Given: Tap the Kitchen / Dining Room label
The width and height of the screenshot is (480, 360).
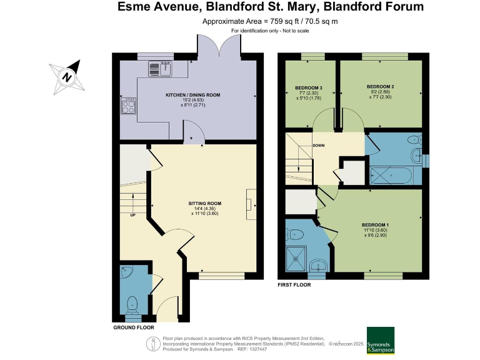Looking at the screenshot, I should (x=192, y=95).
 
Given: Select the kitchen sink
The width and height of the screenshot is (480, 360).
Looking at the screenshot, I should (x=161, y=68).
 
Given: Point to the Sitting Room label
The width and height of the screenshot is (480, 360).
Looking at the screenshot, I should (x=204, y=204).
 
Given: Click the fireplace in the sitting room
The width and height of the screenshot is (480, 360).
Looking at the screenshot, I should (x=251, y=203).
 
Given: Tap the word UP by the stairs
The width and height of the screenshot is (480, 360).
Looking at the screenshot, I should (x=133, y=216).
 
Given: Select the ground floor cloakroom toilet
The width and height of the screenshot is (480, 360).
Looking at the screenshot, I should (x=132, y=305).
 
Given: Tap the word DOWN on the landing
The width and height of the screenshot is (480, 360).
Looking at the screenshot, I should (x=319, y=146).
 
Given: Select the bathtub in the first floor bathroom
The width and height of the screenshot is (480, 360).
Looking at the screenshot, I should (x=392, y=175).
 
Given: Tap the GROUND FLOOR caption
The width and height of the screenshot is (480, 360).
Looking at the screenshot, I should (x=133, y=327).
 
